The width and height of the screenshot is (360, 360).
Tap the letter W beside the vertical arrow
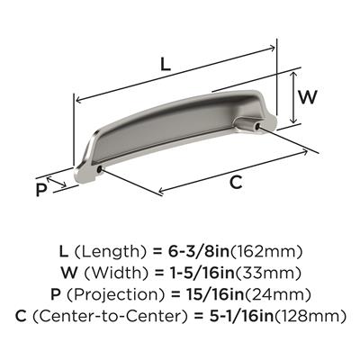click(x=307, y=96)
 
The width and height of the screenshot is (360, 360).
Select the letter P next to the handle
click(x=40, y=190)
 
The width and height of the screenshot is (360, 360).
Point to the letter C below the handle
click(x=237, y=183)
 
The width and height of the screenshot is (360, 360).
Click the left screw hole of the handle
click(x=99, y=170)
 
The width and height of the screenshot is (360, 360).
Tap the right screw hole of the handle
click(x=257, y=127)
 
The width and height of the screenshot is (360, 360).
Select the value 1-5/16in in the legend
click(x=198, y=273)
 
